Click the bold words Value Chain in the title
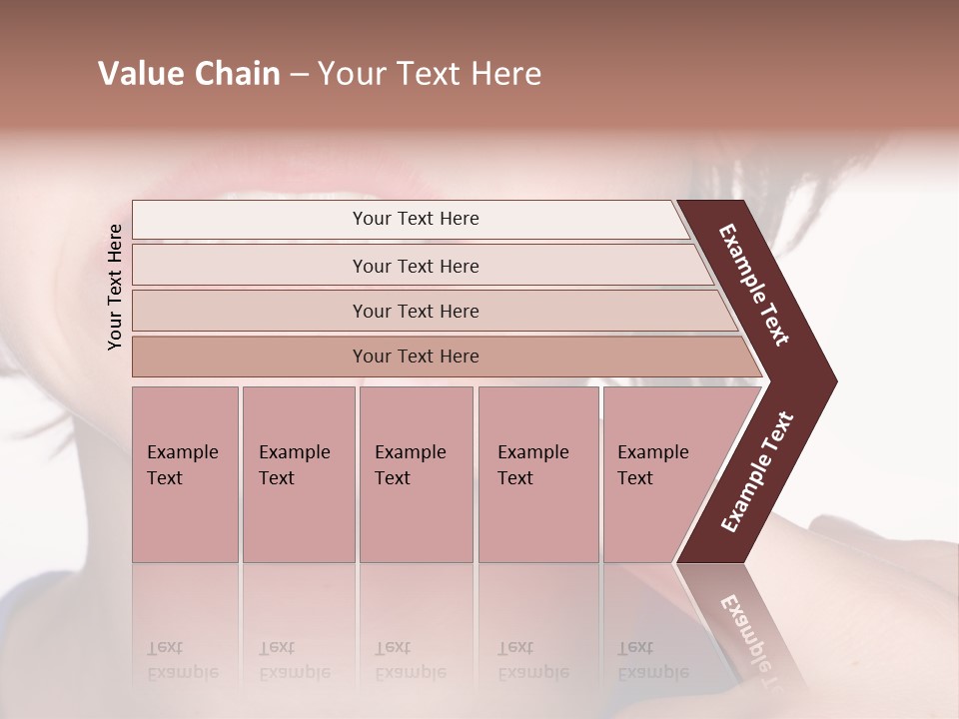point(189,74)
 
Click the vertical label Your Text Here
point(116,288)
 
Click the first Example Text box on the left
point(185,474)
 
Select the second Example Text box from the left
point(298,474)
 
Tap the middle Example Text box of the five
point(416,474)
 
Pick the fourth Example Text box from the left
point(537,474)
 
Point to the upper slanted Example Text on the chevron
point(755,285)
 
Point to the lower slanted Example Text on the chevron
point(757,471)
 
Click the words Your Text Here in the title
point(430,74)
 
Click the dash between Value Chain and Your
point(299,75)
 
